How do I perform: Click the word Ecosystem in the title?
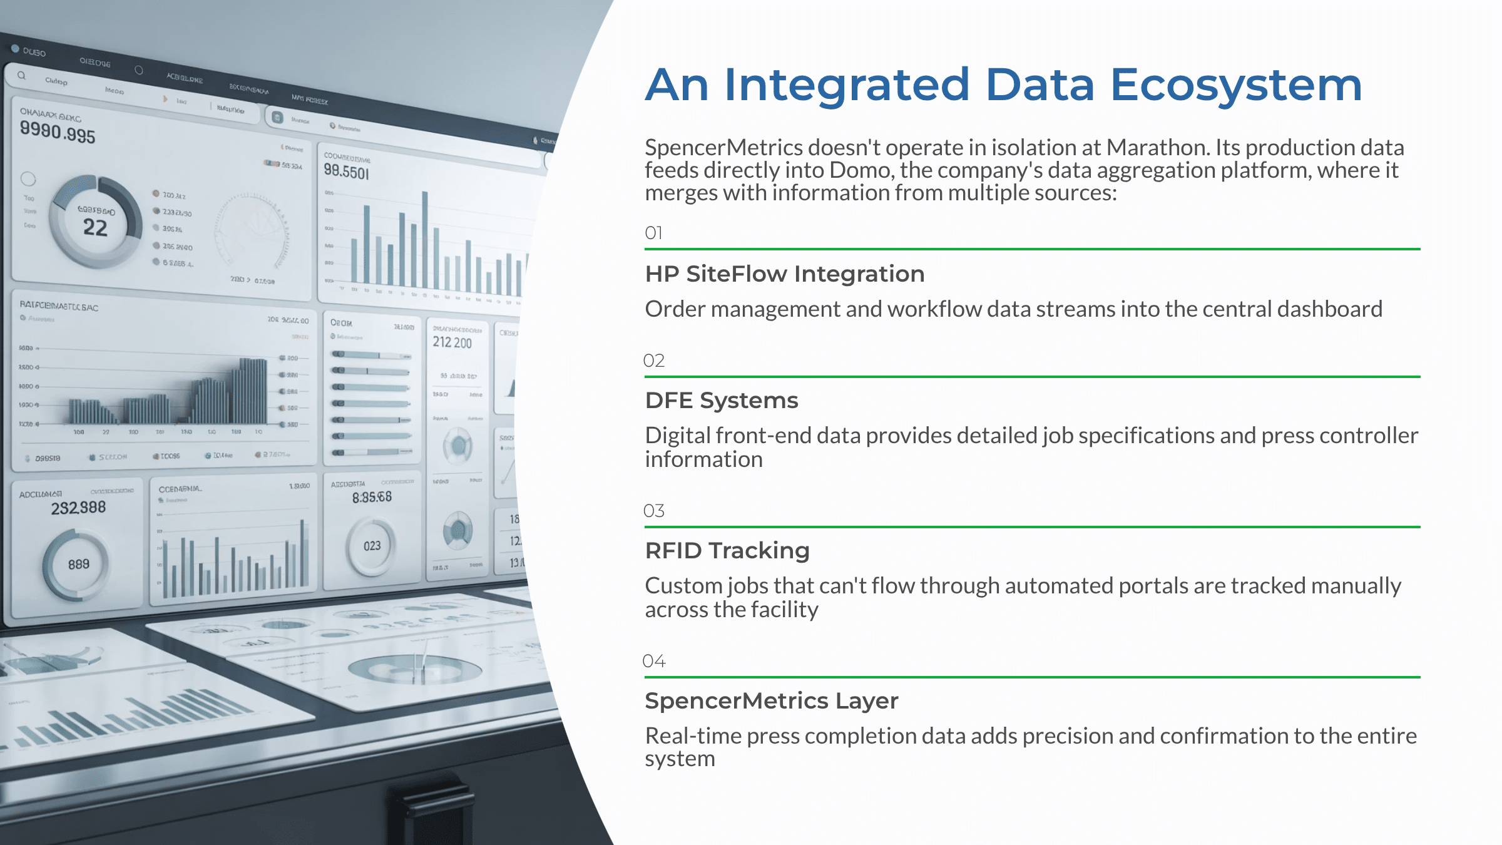point(1235,85)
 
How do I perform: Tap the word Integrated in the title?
point(846,85)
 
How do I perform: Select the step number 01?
point(653,233)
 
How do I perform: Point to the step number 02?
point(653,361)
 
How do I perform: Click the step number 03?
point(653,511)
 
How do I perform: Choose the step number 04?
point(653,661)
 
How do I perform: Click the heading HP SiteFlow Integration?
point(784,274)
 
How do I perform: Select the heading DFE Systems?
point(721,401)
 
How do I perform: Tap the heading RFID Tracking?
point(727,551)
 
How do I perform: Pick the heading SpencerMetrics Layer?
point(771,701)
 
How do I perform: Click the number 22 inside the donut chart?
point(95,228)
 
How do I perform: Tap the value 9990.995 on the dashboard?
point(58,132)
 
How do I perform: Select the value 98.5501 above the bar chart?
point(346,171)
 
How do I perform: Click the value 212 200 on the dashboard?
point(452,342)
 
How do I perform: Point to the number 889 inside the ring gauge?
point(78,565)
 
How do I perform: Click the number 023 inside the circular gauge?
point(372,546)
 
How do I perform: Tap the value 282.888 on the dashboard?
point(78,508)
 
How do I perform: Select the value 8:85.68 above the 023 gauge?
point(372,498)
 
